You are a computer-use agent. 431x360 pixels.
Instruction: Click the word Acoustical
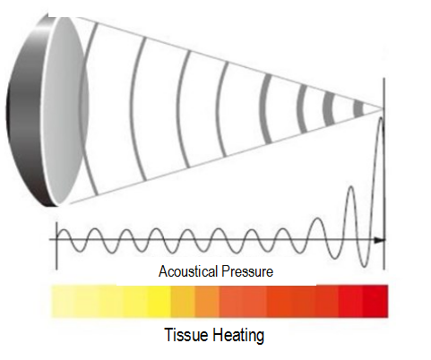(x=188, y=271)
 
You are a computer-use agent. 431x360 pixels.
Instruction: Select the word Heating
(x=238, y=335)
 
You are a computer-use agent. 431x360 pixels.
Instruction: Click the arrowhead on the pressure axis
(x=379, y=240)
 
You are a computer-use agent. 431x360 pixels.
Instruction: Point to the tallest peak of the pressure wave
(x=381, y=119)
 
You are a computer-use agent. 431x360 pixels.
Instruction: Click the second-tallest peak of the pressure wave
(x=351, y=188)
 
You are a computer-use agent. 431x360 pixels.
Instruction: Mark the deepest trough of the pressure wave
(x=365, y=265)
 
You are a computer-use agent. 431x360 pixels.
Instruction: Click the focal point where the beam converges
(x=384, y=109)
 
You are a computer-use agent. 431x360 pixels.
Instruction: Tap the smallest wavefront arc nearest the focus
(x=358, y=109)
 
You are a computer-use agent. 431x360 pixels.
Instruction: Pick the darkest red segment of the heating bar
(x=375, y=301)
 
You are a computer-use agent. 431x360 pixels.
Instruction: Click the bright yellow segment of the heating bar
(x=159, y=301)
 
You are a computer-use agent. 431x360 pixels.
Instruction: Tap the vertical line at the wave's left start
(x=56, y=245)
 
